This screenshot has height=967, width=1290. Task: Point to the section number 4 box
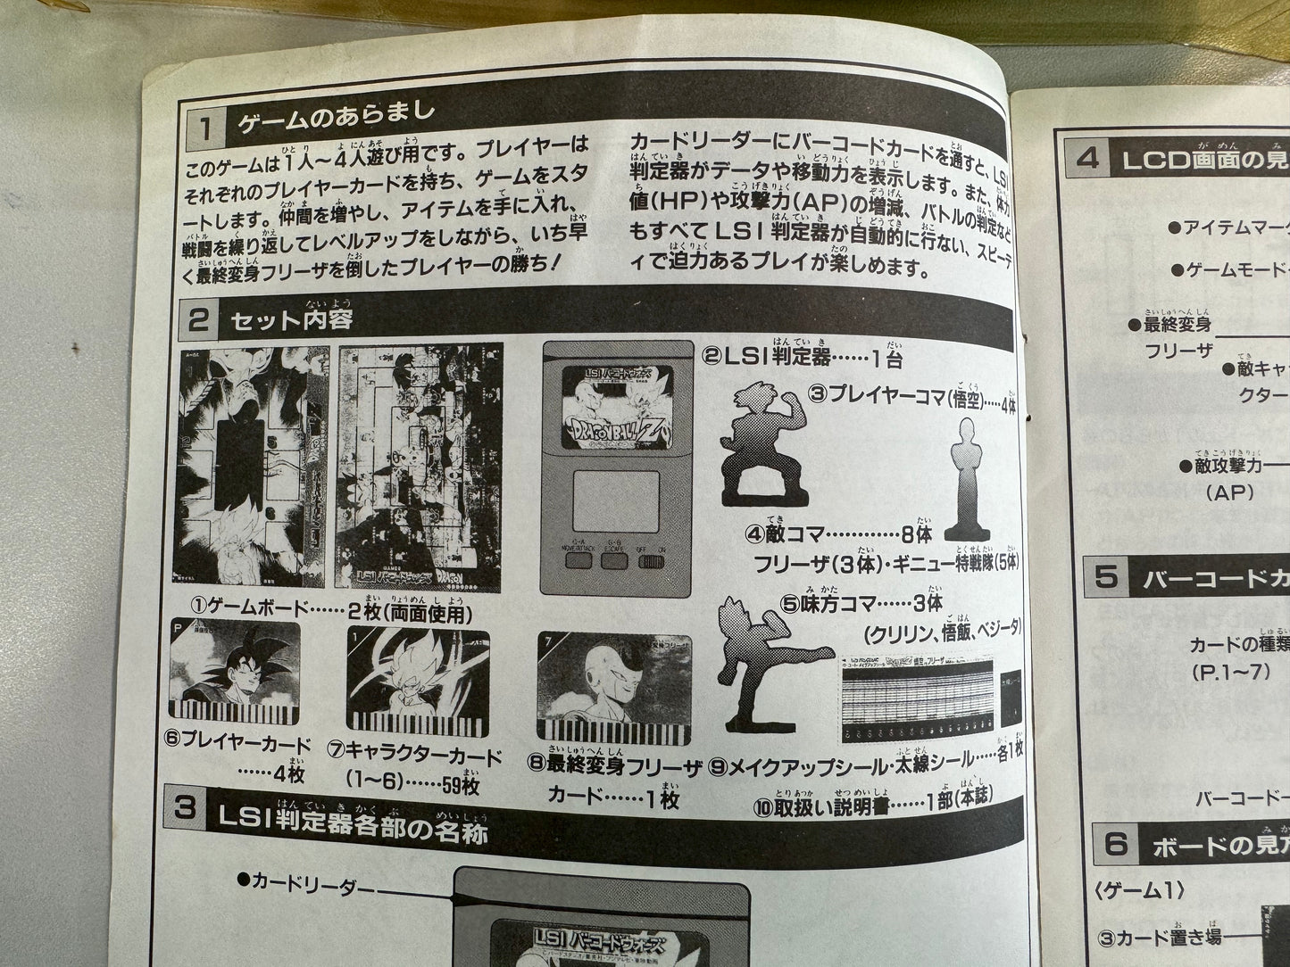(x=1087, y=160)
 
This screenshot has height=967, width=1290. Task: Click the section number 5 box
(x=1106, y=578)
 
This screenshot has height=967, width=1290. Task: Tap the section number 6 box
(x=1116, y=843)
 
